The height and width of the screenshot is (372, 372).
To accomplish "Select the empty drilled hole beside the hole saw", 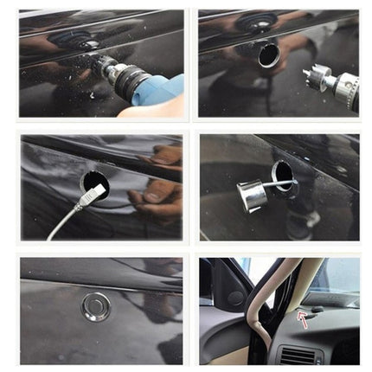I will [269, 55].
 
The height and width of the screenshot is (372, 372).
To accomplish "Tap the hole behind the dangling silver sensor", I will [285, 172].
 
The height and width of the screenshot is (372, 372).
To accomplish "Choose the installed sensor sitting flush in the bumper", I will [94, 304].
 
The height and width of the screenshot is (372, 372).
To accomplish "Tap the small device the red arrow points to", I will [317, 308].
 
